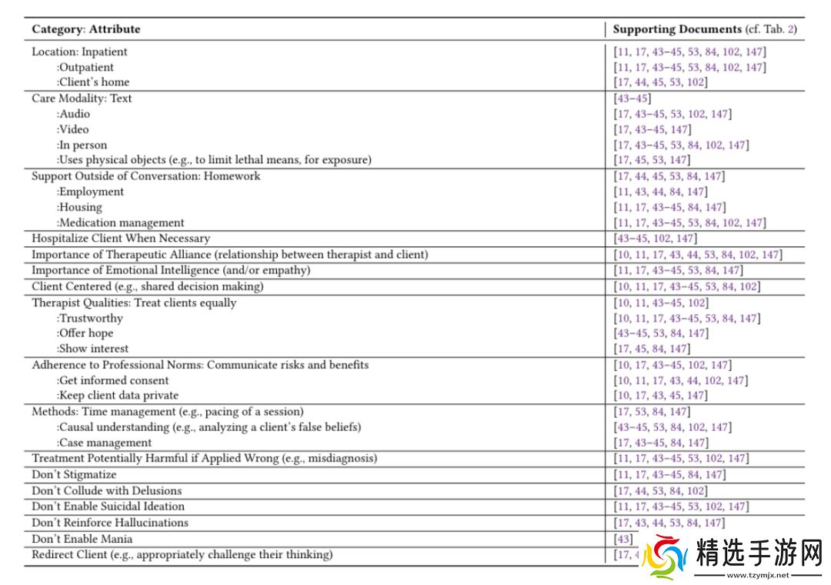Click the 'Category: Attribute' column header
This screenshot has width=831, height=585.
click(86, 29)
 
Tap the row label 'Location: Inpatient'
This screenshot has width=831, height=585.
click(79, 52)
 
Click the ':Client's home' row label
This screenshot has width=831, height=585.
click(92, 82)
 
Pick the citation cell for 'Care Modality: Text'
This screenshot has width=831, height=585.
click(632, 98)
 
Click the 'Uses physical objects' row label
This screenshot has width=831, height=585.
click(214, 160)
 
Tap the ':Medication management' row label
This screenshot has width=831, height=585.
click(120, 222)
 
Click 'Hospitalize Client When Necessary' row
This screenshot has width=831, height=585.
click(121, 239)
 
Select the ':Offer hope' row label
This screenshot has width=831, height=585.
click(85, 333)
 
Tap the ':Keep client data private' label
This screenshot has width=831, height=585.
click(117, 396)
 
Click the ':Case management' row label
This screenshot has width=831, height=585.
click(104, 443)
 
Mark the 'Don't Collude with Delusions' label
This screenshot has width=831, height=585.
click(107, 490)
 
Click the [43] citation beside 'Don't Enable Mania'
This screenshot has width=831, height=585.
click(622, 539)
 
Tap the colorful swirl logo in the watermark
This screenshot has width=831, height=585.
click(664, 556)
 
